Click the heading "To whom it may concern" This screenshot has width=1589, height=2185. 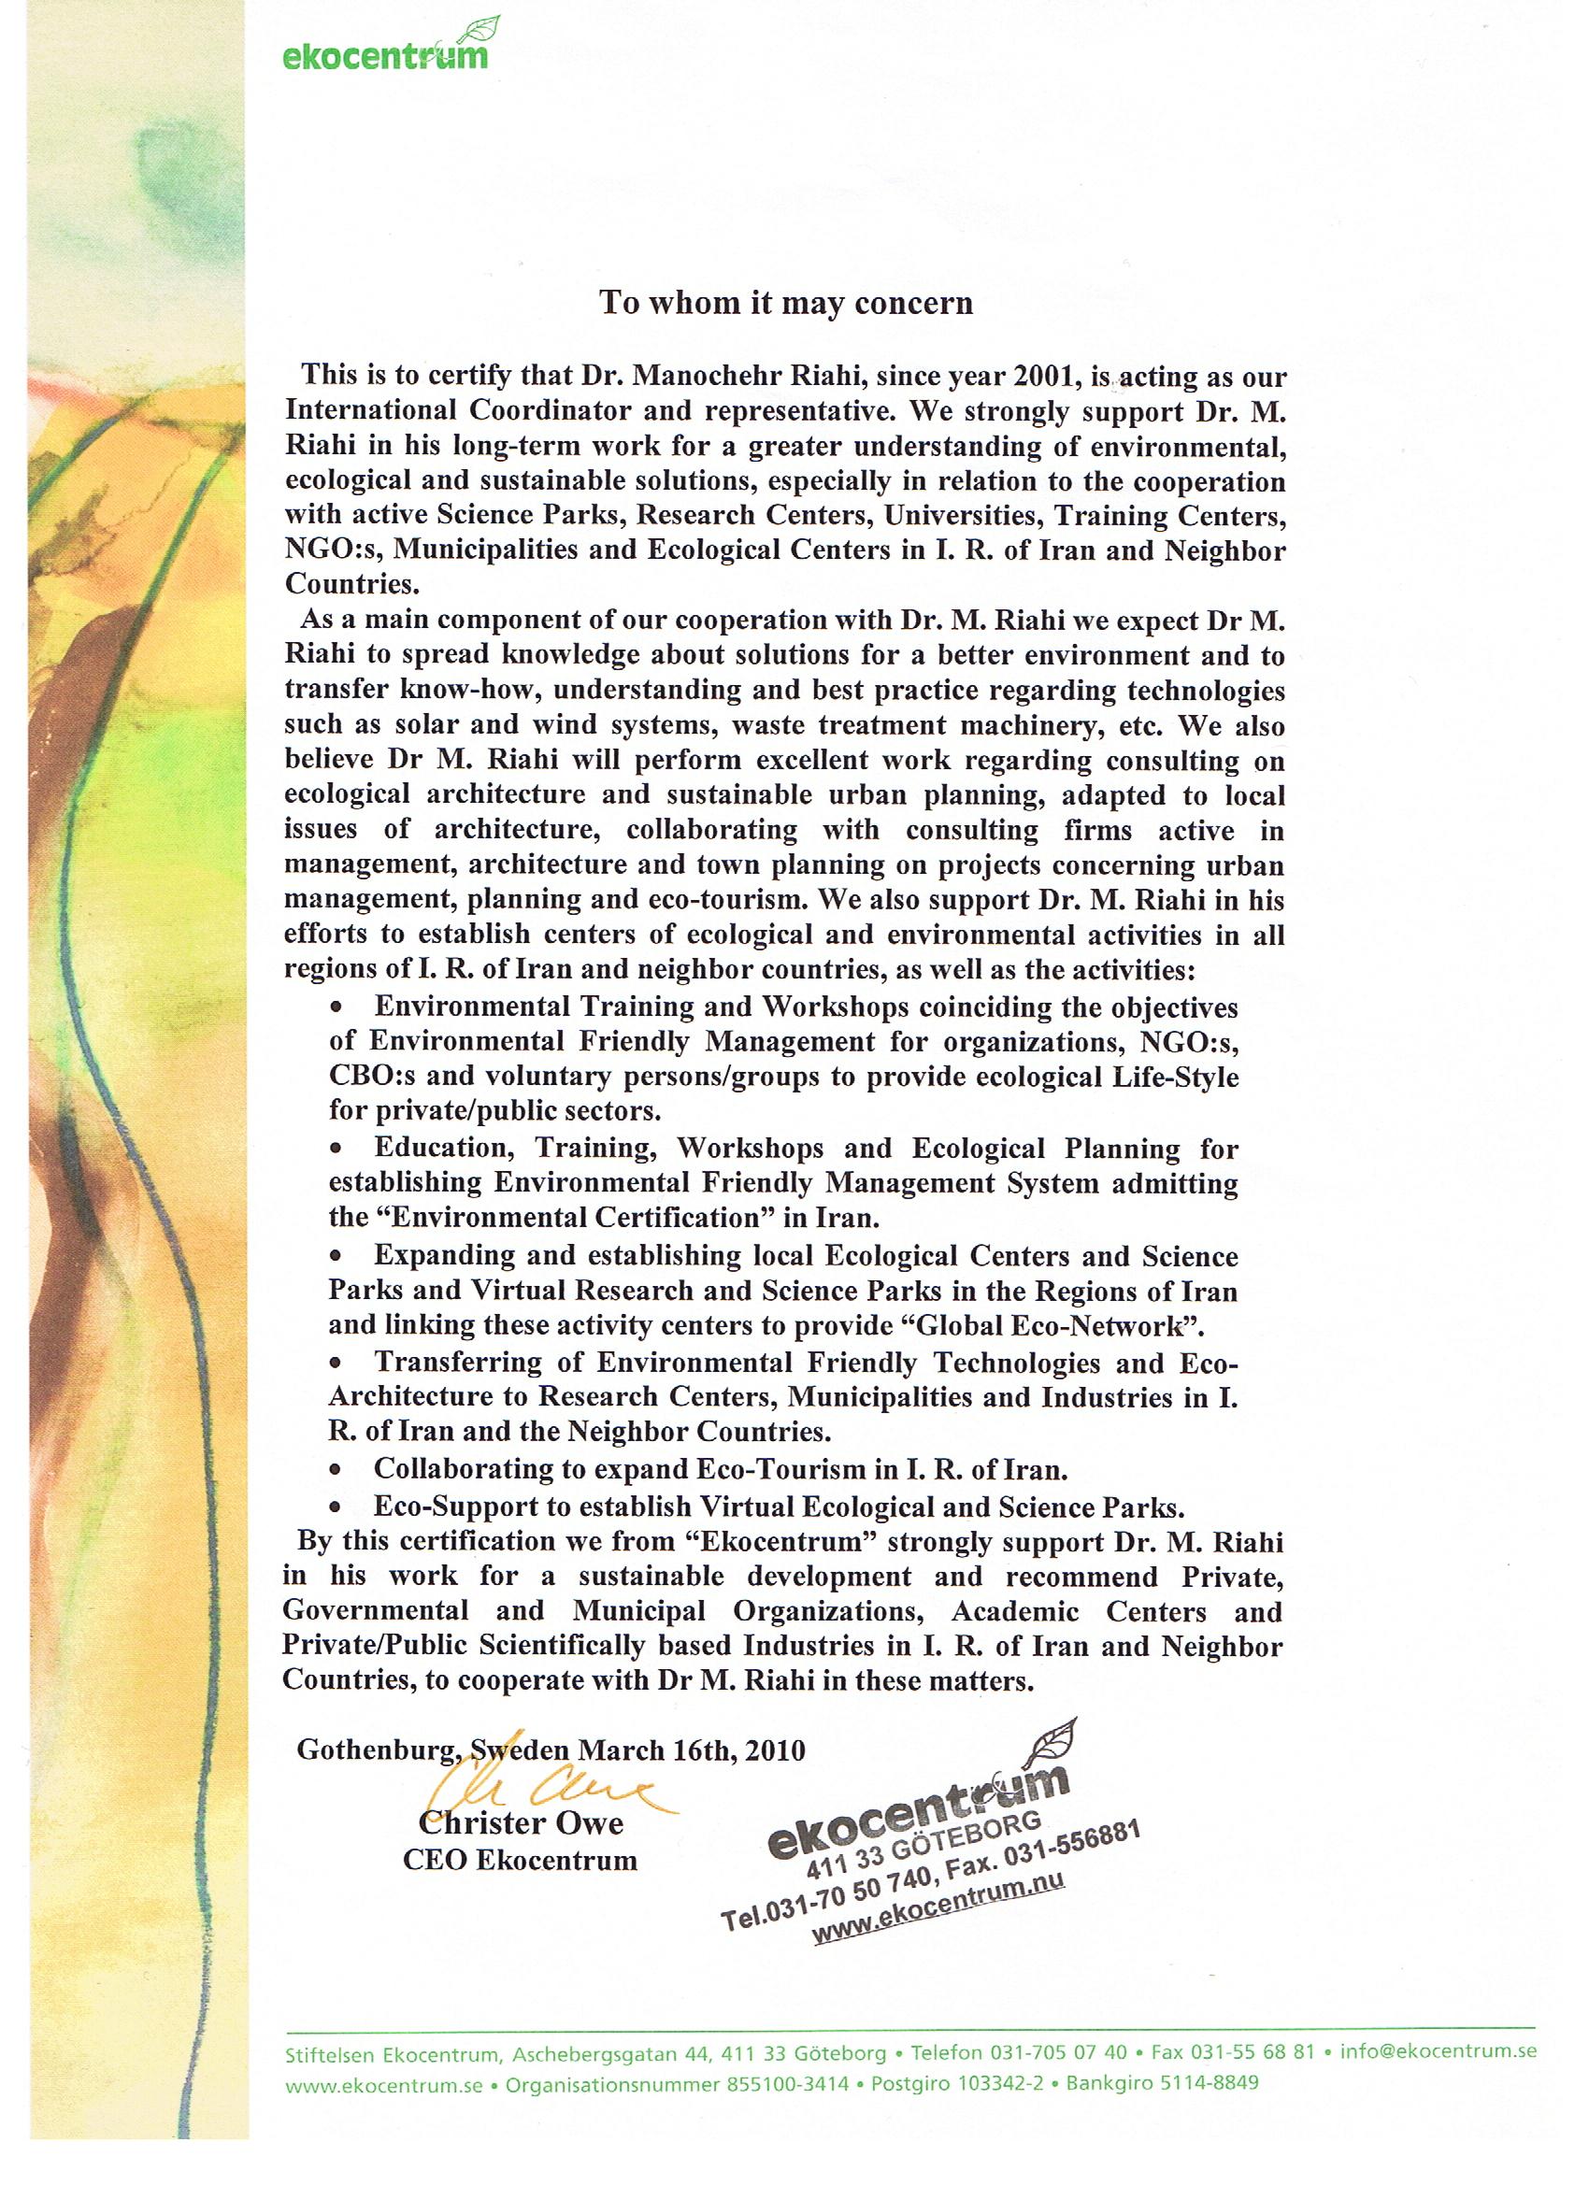click(x=786, y=303)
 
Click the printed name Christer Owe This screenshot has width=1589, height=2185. click(x=521, y=1822)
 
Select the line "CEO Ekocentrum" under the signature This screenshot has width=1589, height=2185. click(x=521, y=1860)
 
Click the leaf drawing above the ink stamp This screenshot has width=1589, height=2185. click(x=1051, y=1744)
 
